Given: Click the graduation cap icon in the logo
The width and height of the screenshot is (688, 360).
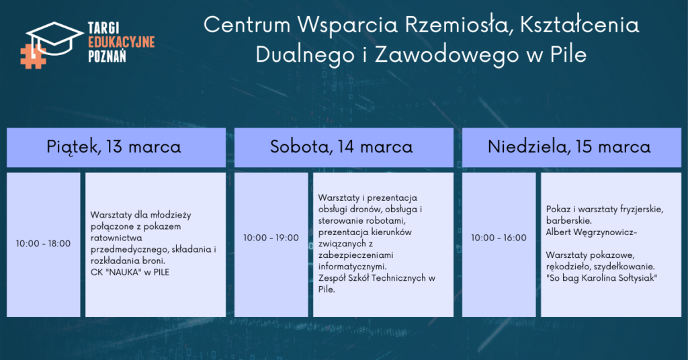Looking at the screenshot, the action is point(54,38).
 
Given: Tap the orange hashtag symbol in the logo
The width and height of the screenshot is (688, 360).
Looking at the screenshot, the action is point(33,56).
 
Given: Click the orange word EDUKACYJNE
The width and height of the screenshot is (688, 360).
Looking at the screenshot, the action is point(122,42).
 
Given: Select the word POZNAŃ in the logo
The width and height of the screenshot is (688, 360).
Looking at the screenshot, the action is point(107,56).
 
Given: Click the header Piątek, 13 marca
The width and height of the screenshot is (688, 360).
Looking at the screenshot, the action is point(114,147).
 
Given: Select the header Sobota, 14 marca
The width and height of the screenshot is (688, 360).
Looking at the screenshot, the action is point(341,147).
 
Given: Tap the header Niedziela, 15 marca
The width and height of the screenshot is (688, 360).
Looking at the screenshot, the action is point(569,147).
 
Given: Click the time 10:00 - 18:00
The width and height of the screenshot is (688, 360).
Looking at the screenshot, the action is point(43,243).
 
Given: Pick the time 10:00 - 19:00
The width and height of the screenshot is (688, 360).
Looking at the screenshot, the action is point(271,238).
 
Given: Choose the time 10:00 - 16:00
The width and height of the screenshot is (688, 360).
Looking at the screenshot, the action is point(499,238).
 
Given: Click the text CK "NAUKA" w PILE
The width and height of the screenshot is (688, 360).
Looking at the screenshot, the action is point(130,272).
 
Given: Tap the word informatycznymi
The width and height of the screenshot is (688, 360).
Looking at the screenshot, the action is point(352,267).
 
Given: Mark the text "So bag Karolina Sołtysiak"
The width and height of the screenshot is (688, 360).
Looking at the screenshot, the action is point(601,278).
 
